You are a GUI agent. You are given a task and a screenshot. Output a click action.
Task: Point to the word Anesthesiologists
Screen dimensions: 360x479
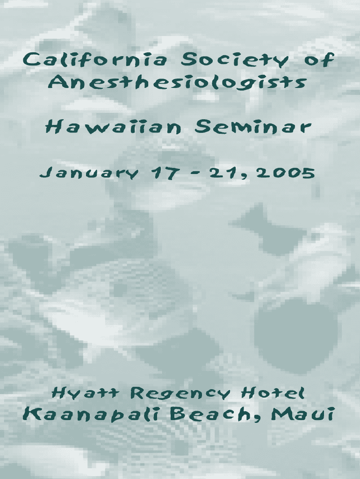[x=177, y=83]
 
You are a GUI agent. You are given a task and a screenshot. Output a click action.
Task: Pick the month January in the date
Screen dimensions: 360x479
[x=89, y=173]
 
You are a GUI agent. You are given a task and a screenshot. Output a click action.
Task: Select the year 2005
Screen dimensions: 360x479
[x=286, y=173]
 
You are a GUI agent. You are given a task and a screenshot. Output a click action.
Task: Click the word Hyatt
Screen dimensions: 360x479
[x=85, y=393]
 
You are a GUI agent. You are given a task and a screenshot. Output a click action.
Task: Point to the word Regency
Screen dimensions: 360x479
[x=180, y=393]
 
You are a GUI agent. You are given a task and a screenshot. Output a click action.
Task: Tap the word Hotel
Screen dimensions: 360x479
[x=273, y=392]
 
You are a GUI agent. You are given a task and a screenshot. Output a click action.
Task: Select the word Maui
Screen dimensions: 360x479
[x=303, y=414]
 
